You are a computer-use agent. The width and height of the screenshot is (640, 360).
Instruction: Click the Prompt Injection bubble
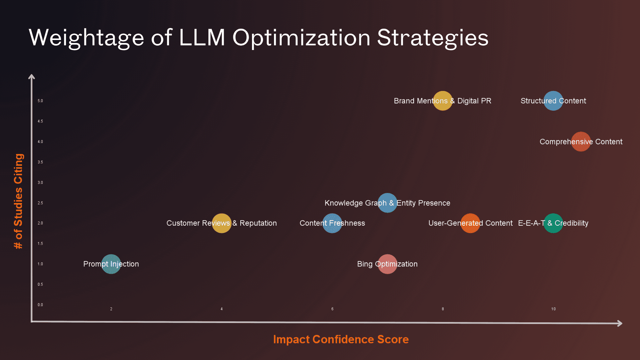click(111, 264)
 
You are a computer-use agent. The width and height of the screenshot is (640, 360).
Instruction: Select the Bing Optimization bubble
click(387, 264)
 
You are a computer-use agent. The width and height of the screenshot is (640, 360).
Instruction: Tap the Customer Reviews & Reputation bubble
click(222, 223)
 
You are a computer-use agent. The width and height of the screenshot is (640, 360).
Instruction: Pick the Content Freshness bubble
click(332, 223)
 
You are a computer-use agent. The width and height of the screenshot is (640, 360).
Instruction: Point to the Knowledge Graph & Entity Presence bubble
click(387, 203)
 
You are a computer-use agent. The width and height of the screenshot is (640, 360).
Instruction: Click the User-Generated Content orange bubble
click(470, 223)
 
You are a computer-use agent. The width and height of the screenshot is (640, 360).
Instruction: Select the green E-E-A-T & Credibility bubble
click(553, 223)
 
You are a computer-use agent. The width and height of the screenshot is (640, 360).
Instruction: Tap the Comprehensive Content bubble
click(581, 142)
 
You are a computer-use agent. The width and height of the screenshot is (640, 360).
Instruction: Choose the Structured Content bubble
click(553, 101)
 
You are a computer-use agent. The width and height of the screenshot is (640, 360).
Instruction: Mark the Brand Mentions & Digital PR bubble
click(443, 101)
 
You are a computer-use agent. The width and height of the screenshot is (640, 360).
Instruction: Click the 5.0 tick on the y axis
click(40, 101)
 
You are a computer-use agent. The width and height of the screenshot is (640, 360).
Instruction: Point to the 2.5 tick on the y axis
click(40, 203)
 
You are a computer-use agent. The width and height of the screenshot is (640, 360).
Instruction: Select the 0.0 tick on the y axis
click(40, 305)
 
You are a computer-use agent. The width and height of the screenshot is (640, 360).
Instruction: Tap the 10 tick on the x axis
click(553, 309)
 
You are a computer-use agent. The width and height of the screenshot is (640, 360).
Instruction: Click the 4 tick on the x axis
click(222, 309)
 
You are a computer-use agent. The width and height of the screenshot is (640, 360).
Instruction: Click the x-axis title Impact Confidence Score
click(341, 339)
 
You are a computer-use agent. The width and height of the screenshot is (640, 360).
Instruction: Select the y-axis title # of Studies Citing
click(18, 201)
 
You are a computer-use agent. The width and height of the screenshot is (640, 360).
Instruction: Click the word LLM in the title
click(202, 37)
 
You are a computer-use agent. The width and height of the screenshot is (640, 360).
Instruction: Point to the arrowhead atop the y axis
click(32, 77)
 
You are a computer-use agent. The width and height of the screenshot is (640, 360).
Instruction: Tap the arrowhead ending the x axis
click(620, 323)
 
